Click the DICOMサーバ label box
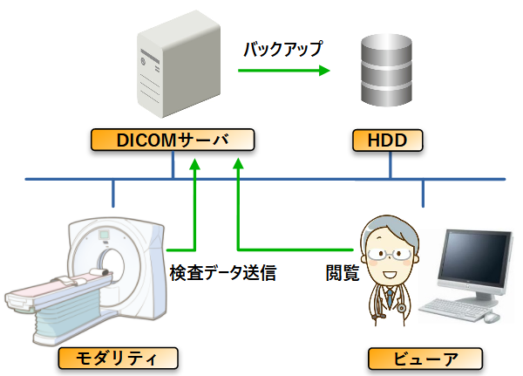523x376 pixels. pyautogui.click(x=173, y=140)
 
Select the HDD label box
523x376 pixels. pyautogui.click(x=388, y=140)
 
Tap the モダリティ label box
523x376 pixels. pyautogui.click(x=118, y=359)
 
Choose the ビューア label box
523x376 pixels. pyautogui.click(x=425, y=359)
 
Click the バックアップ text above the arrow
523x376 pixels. pyautogui.click(x=283, y=49)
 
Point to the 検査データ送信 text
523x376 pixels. pyautogui.click(x=223, y=273)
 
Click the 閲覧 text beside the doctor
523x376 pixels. pyautogui.click(x=343, y=273)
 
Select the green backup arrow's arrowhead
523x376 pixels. pyautogui.click(x=324, y=71)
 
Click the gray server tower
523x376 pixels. pyautogui.click(x=179, y=64)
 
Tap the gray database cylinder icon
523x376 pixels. pyautogui.click(x=386, y=70)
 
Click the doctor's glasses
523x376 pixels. pyautogui.click(x=390, y=255)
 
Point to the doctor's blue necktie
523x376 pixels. pyautogui.click(x=390, y=297)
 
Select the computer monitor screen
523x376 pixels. pyautogui.click(x=475, y=259)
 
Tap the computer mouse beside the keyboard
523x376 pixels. pyautogui.click(x=492, y=318)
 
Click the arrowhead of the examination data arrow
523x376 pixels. pyautogui.click(x=194, y=164)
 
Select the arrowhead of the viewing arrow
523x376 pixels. pyautogui.click(x=238, y=163)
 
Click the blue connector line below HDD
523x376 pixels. pyautogui.click(x=391, y=165)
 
